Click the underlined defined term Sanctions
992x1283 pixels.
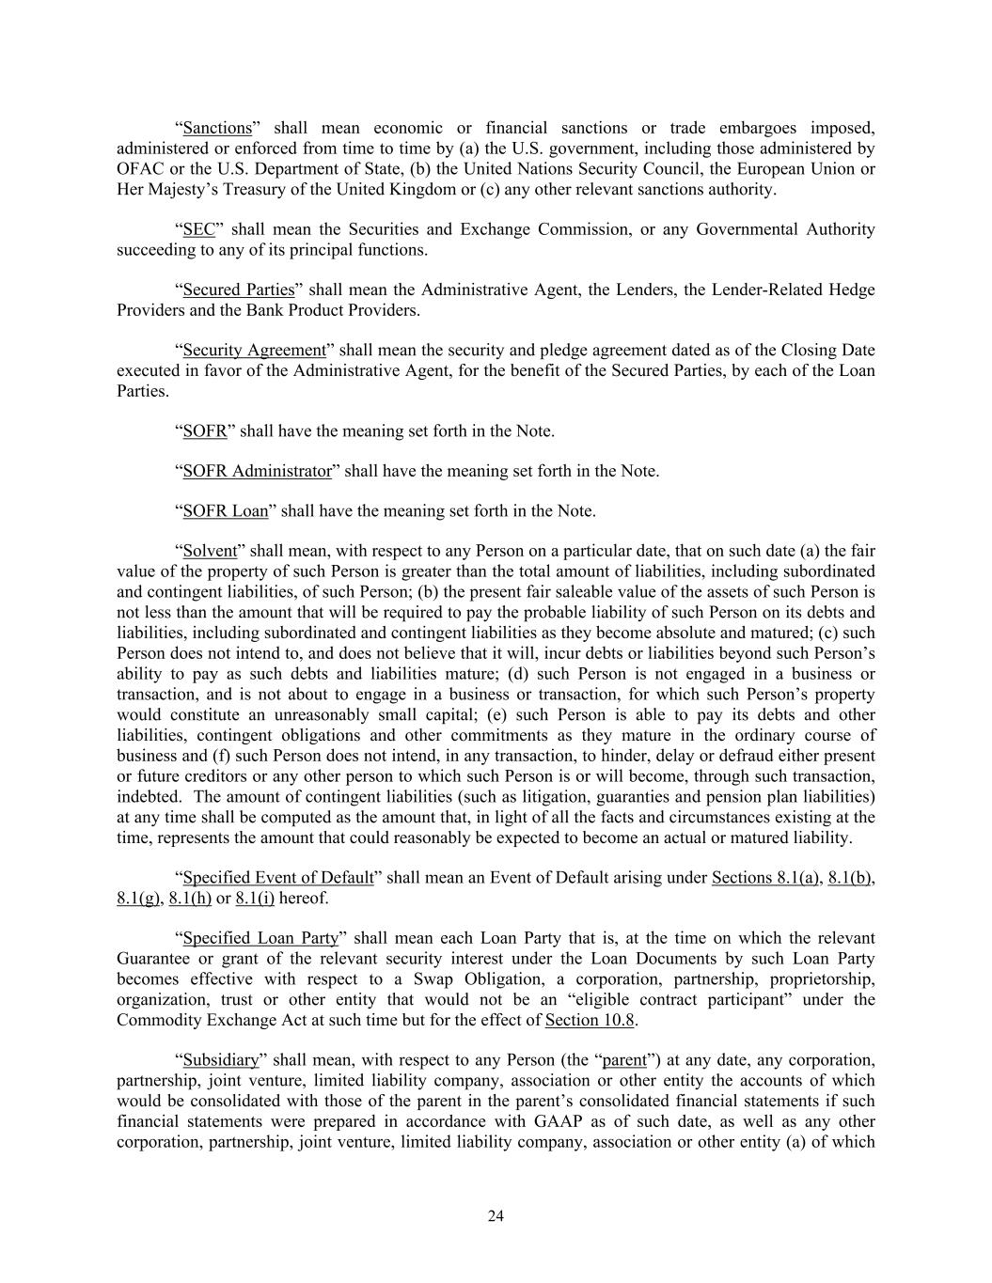coord(217,128)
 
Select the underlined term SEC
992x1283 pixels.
coord(198,229)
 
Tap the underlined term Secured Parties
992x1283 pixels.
coord(238,289)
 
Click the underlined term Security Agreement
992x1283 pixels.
coord(254,350)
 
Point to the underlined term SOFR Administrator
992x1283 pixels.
coord(257,471)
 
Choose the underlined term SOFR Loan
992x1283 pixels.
coord(225,511)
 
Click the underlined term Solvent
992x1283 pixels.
coord(210,551)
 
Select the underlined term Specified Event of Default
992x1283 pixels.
coord(277,878)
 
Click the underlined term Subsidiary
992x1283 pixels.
coord(220,1060)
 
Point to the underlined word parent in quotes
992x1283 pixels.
coord(624,1060)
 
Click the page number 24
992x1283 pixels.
coord(496,1216)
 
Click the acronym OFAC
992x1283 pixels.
coord(140,169)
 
